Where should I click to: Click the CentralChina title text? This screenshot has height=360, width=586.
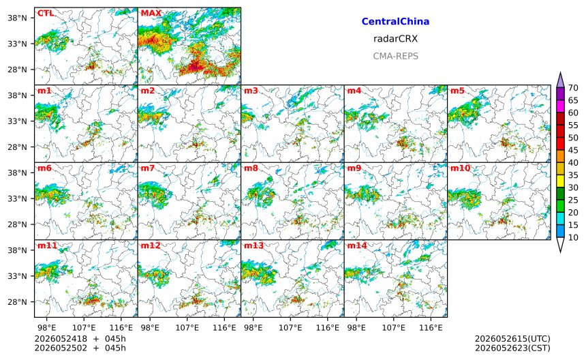[x=395, y=21]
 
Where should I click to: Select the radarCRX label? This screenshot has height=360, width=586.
[x=395, y=39]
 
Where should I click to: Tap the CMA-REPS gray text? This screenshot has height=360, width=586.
[x=395, y=56]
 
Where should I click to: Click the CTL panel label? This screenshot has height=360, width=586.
[x=46, y=13]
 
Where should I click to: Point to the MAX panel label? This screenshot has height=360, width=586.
[x=151, y=13]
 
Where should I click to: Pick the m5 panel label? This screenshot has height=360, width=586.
[x=457, y=91]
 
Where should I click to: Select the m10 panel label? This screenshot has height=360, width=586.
[x=460, y=168]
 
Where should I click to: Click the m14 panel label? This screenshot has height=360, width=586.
[x=357, y=245]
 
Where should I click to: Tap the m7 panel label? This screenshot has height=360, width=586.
[x=148, y=168]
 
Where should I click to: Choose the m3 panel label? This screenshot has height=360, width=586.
[x=251, y=91]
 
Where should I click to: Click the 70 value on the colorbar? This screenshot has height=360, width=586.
[x=573, y=88]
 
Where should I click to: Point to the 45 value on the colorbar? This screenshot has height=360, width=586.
[x=573, y=150]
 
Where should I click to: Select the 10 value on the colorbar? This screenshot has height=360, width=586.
[x=573, y=237]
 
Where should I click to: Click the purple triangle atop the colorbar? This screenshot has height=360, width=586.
[x=560, y=80]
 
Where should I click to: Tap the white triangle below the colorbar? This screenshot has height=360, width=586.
[x=560, y=244]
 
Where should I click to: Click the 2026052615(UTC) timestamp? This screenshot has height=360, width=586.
[x=512, y=339]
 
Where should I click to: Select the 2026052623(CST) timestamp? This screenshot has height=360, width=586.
[x=512, y=348]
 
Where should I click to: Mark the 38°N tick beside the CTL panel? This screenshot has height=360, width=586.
[x=18, y=18]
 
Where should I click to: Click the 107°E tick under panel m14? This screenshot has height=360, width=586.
[x=394, y=328]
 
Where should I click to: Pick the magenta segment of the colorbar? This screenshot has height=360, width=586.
[x=560, y=106]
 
